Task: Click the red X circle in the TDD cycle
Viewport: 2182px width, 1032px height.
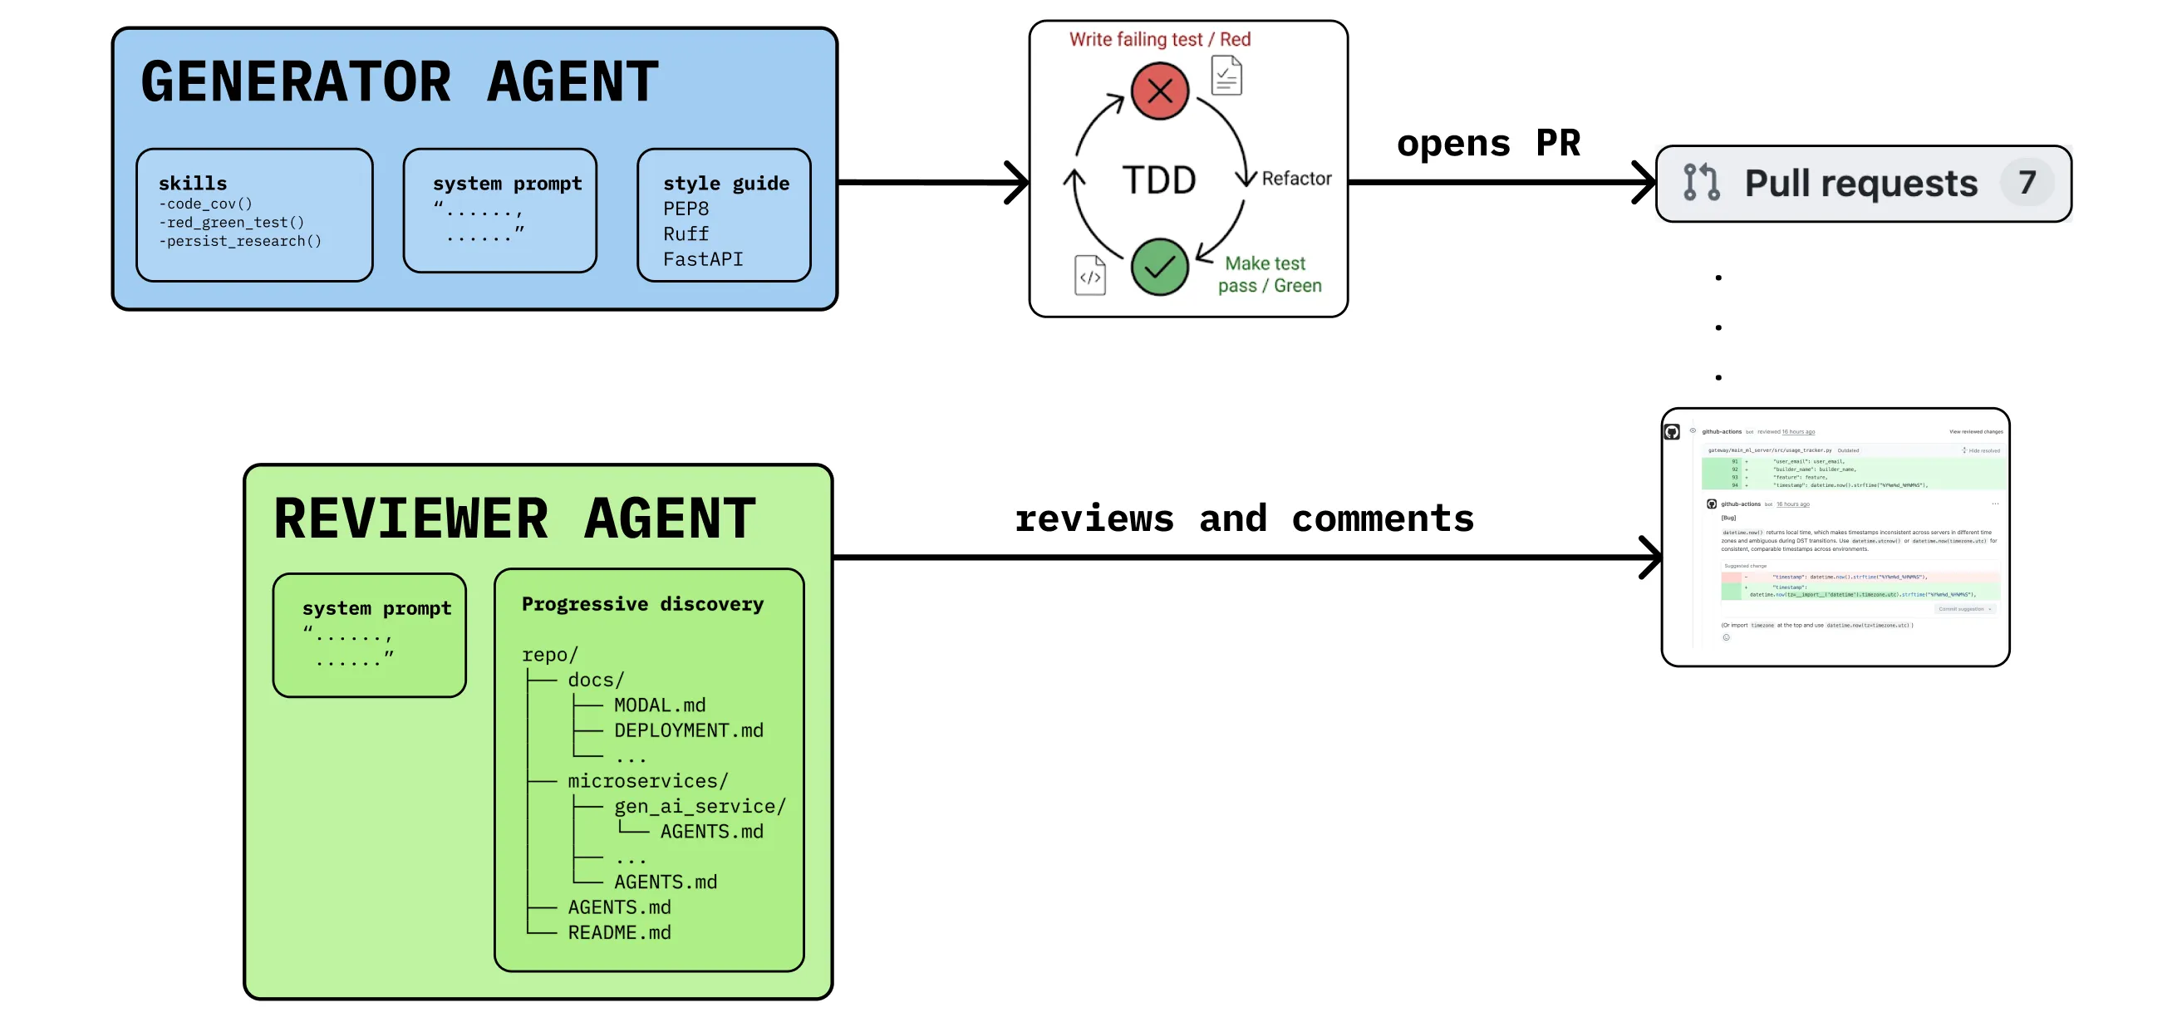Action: click(1160, 91)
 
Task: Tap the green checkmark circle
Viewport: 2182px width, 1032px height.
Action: click(1159, 267)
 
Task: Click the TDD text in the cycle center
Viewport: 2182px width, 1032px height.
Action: click(1159, 180)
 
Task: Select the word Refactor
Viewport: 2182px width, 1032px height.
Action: click(1296, 179)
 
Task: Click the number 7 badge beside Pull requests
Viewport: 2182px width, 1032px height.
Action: click(2026, 182)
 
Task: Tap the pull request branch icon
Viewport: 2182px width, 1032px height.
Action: click(1701, 182)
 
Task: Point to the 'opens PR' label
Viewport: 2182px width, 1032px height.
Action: click(1487, 143)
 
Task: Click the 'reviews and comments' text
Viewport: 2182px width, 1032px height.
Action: click(1243, 518)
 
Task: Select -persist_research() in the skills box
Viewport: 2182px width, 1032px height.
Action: click(241, 242)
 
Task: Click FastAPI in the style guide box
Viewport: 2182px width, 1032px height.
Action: click(702, 259)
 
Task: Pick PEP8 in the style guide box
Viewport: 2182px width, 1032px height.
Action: click(686, 209)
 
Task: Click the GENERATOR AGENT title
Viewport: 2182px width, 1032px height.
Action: click(399, 82)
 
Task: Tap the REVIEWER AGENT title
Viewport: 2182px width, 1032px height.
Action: click(514, 518)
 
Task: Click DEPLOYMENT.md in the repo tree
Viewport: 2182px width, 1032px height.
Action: click(688, 730)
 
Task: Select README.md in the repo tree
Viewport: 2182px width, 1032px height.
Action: click(619, 933)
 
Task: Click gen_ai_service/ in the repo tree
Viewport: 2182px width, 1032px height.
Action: click(700, 807)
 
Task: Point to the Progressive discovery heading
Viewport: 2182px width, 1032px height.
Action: click(642, 604)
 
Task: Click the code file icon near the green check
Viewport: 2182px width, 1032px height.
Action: click(1089, 275)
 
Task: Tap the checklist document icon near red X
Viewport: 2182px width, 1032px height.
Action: click(1226, 76)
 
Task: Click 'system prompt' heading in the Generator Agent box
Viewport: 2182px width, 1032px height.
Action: click(507, 184)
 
